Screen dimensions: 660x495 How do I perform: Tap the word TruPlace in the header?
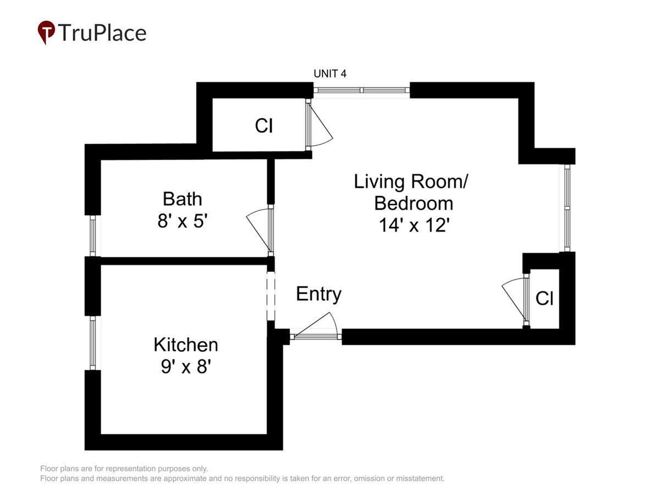point(102,32)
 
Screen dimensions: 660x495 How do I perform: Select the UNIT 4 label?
point(330,74)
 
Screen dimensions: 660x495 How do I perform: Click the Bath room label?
point(182,199)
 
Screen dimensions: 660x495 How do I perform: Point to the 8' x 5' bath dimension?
point(183,221)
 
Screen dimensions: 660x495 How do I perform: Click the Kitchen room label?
point(186,344)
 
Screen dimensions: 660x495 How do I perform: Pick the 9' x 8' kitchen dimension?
point(186,367)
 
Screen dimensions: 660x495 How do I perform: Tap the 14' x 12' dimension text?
point(414,225)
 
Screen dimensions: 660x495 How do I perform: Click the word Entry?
point(318,294)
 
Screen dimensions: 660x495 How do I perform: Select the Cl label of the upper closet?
point(264,125)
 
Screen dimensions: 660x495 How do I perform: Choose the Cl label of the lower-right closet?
point(544,299)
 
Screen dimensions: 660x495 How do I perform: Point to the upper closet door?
point(319,124)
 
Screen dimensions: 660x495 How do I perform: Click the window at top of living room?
point(361,90)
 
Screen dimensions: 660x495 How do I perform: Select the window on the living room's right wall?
point(567,208)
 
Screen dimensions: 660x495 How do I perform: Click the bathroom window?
point(93,236)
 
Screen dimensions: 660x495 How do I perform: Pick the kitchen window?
point(93,343)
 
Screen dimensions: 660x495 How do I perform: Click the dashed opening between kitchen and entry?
point(271,296)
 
